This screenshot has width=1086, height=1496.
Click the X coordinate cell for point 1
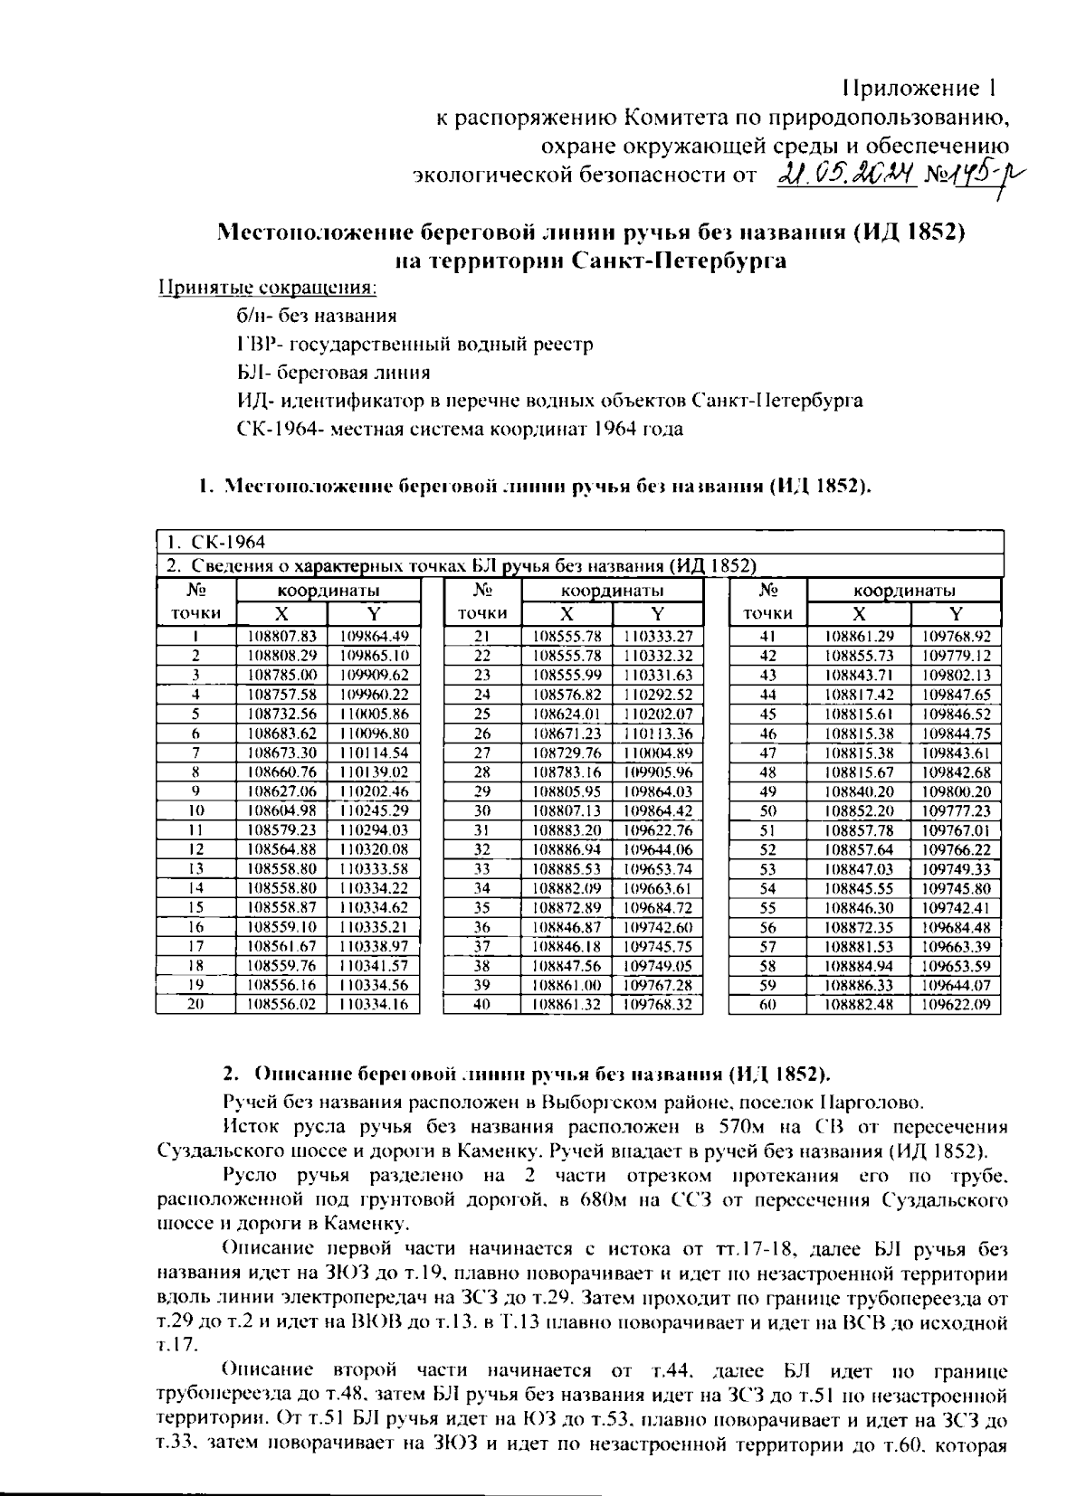pos(282,636)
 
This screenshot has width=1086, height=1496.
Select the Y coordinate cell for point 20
pos(374,1004)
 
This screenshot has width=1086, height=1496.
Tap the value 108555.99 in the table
pos(567,675)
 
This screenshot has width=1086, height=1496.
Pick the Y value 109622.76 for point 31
pos(658,829)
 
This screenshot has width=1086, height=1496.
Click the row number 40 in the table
pos(481,1004)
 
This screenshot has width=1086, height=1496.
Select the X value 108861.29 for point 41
pos(859,636)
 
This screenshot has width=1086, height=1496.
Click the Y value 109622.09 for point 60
pos(956,1004)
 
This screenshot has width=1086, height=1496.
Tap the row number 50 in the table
pos(767,810)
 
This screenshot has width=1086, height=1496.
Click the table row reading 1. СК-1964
pos(216,542)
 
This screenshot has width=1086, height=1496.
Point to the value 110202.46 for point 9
pos(374,791)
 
